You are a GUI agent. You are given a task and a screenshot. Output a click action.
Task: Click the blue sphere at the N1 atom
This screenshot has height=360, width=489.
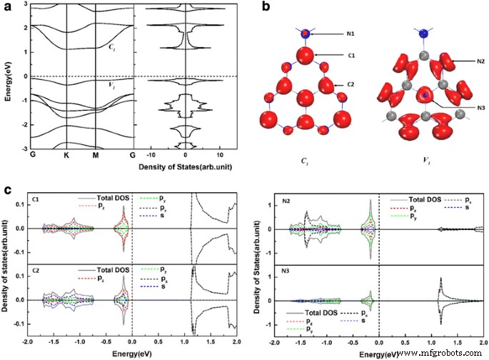click(x=306, y=34)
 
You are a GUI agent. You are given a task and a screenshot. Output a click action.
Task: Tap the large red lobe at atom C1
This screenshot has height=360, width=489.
click(x=306, y=55)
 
